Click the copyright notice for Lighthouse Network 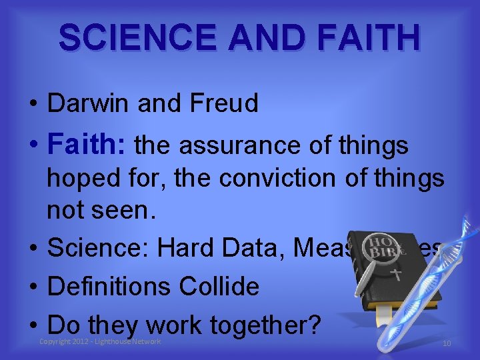click(x=101, y=341)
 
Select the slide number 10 click(x=446, y=343)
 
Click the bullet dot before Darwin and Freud click(x=32, y=105)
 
